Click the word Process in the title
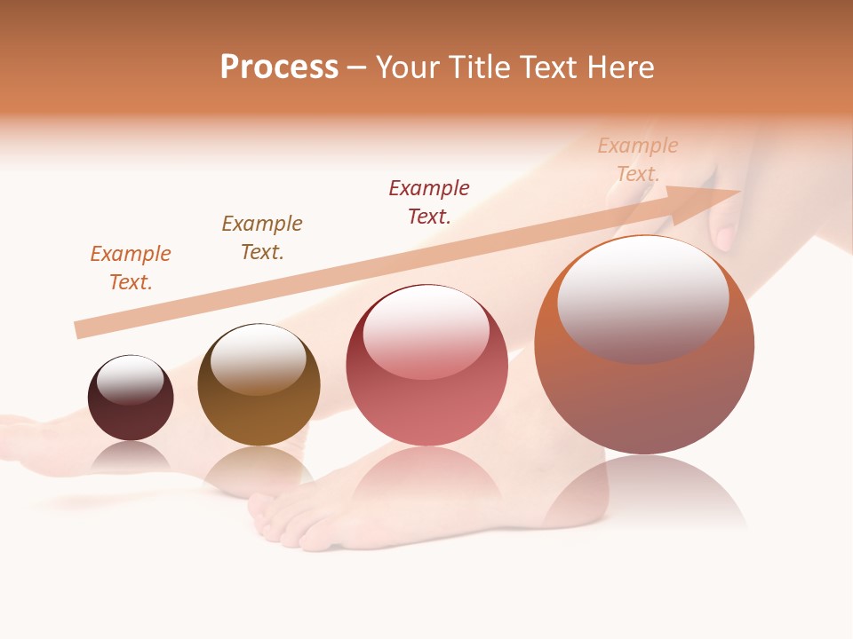(279, 67)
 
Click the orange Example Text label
(131, 268)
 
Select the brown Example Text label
(262, 238)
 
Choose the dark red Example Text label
(429, 202)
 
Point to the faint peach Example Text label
(638, 160)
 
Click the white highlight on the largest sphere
(642, 297)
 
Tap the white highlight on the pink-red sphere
(426, 330)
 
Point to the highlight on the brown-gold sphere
(258, 359)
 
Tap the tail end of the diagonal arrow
(80, 329)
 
